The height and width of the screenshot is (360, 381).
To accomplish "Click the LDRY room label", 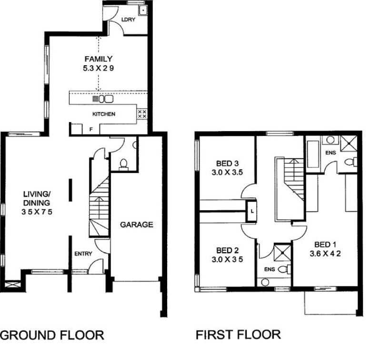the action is click(128, 20).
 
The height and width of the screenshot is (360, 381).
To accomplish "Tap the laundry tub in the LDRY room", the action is click(143, 10).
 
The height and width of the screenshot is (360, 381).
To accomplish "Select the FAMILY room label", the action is click(99, 59).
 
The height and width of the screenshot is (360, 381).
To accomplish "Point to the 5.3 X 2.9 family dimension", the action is click(99, 68).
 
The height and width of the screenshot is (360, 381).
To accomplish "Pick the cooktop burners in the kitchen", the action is click(142, 114).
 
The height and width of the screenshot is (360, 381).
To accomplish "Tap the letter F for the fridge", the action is click(91, 129).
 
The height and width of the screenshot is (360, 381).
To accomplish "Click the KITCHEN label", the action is click(104, 114).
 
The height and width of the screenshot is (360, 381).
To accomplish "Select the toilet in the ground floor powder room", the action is click(123, 164).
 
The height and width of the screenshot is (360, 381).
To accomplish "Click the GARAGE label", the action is click(137, 225).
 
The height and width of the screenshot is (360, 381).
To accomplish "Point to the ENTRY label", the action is click(83, 254).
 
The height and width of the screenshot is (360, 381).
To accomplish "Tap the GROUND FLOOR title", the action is click(52, 335).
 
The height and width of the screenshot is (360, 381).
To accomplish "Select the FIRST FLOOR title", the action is click(238, 335).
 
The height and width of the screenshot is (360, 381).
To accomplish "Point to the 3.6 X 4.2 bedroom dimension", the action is click(325, 254).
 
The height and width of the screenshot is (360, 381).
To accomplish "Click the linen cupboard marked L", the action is click(251, 211).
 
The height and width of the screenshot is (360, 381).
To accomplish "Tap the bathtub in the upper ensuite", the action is click(313, 154).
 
